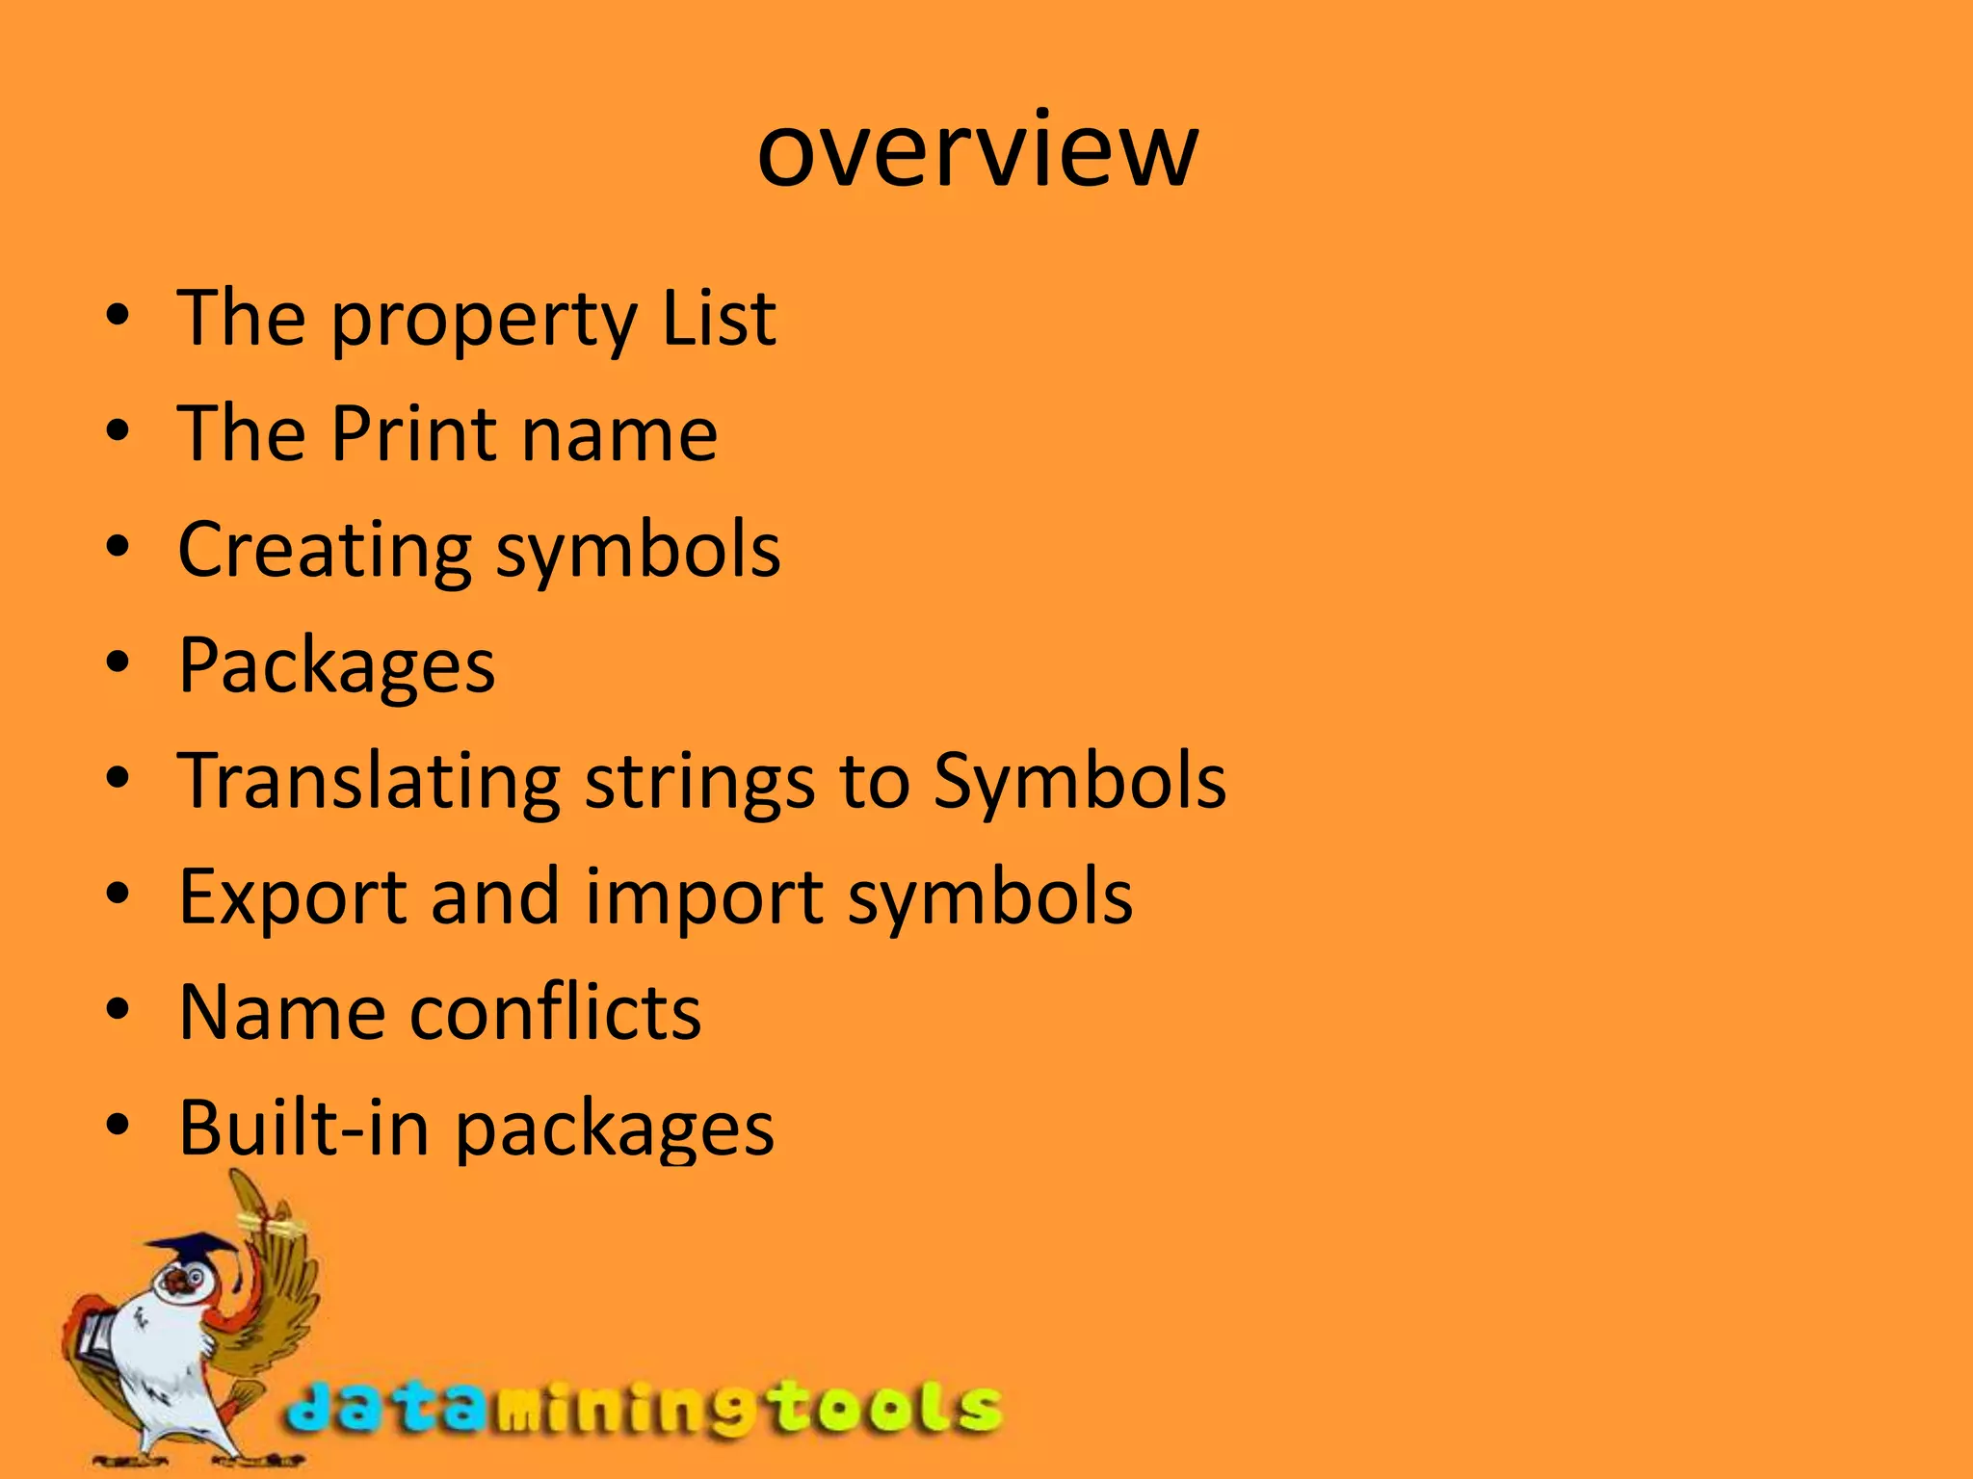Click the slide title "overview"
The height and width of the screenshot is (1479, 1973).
977,150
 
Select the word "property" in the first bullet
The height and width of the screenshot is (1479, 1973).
483,321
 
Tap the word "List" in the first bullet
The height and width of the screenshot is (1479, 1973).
719,318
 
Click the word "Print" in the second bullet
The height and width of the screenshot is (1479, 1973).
413,433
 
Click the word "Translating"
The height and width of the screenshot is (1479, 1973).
369,782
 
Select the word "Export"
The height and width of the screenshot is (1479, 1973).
291,897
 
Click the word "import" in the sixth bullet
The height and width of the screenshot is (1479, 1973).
704,899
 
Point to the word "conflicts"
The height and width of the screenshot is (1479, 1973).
556,1013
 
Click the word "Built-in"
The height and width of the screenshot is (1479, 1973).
303,1128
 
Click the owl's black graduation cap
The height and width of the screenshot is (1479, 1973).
197,1251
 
